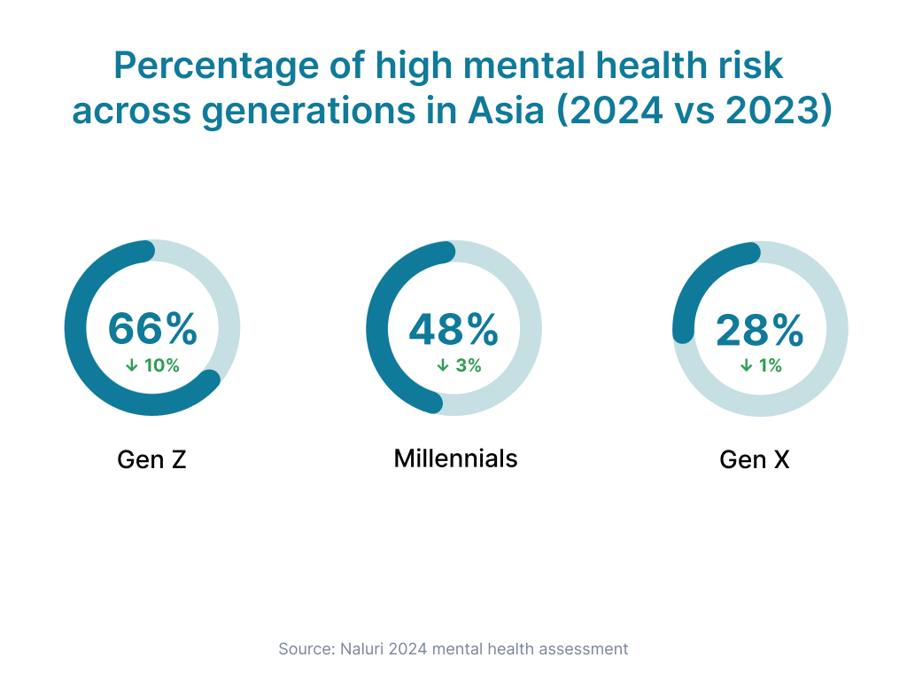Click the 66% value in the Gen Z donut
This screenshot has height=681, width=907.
[152, 329]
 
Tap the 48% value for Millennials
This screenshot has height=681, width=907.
[453, 329]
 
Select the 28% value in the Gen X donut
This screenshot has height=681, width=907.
[760, 331]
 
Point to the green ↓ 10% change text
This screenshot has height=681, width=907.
[152, 365]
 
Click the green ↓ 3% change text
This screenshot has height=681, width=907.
[459, 365]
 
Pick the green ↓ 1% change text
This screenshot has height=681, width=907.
[761, 365]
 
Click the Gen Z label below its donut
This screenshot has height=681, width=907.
[151, 460]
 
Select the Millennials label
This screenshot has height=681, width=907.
[455, 458]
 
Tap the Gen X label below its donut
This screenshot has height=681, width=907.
[755, 460]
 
